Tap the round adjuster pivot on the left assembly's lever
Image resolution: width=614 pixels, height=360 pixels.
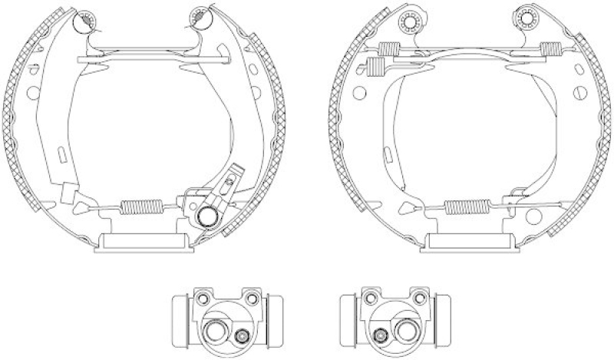click(x=206, y=217)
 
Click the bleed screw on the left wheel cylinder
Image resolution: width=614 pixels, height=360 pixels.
click(x=243, y=334)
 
